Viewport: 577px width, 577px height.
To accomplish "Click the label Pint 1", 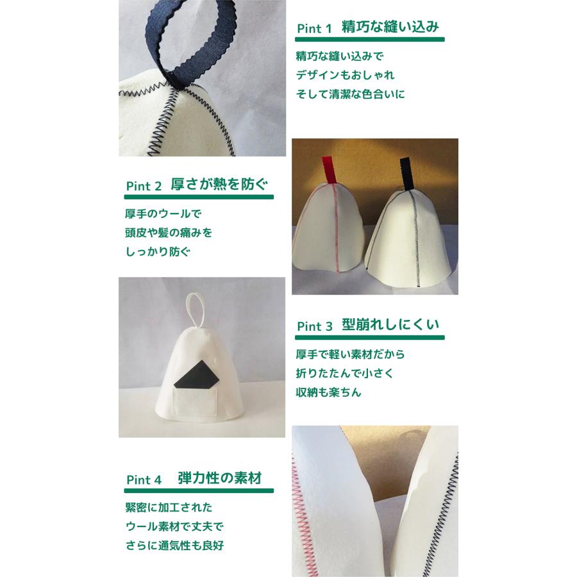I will click(x=314, y=29).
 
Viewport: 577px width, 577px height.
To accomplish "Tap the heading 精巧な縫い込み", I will click(x=390, y=28).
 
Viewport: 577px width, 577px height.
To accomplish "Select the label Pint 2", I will click(x=144, y=187).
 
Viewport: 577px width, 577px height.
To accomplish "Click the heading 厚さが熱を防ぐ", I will click(x=219, y=185).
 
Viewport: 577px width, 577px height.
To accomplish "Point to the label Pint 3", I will click(x=314, y=326).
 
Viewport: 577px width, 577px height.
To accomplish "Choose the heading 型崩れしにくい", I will click(x=390, y=324).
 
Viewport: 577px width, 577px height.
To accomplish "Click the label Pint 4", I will click(x=144, y=480).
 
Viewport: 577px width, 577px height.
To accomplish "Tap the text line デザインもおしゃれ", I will click(x=345, y=74).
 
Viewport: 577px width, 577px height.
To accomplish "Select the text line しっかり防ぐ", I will click(x=158, y=251).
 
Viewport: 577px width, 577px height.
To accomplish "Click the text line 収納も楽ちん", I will click(x=329, y=392).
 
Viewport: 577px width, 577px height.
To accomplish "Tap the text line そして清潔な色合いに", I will click(x=351, y=94).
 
